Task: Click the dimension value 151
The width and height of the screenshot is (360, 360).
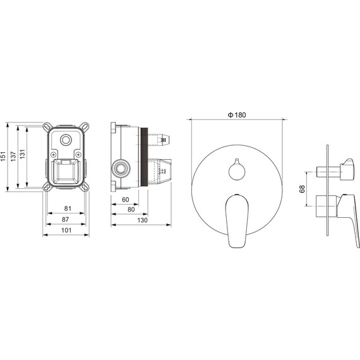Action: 3,156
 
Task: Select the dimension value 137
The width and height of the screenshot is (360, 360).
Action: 13,156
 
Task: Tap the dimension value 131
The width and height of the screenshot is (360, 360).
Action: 22,154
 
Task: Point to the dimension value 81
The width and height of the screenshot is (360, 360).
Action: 68,208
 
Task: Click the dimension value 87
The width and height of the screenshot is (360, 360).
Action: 66,220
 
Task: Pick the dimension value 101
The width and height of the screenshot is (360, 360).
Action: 66,231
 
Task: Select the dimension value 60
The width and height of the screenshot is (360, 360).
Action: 125,200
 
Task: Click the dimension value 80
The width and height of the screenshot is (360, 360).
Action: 131,210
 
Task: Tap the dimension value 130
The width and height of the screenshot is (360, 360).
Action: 142,220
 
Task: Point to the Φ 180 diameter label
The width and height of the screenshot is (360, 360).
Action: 237,115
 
